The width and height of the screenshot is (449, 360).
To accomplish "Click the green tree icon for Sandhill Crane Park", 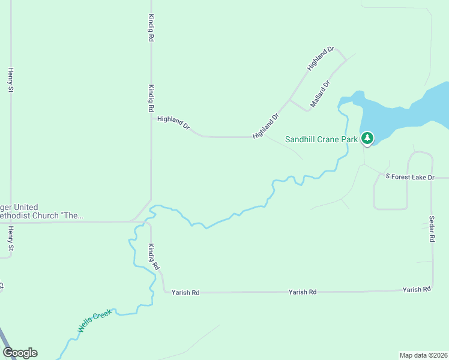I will [x=367, y=138].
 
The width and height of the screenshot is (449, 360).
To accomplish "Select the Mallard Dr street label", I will [x=320, y=95].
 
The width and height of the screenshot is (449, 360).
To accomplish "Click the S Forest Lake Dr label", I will [x=409, y=176].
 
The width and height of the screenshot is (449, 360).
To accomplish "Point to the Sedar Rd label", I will [x=432, y=229].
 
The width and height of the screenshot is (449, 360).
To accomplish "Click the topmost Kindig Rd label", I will [x=151, y=28].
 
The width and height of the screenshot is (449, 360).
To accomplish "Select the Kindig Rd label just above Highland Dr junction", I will [x=151, y=98].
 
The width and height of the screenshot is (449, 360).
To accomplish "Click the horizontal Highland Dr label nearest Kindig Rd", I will [x=173, y=123].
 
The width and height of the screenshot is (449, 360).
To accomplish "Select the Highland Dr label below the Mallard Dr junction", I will [x=267, y=126].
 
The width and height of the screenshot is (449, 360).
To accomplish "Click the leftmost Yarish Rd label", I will [x=185, y=293].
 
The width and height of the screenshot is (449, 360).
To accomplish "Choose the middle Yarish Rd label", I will [x=303, y=292].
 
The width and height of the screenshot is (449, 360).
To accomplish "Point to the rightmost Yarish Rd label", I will [x=417, y=289].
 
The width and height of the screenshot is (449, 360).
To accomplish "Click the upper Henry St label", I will [x=10, y=80].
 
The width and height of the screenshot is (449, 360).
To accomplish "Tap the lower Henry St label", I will [x=10, y=239].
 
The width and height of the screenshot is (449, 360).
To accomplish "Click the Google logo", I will [x=20, y=353].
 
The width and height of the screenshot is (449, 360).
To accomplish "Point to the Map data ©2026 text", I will [x=423, y=355].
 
